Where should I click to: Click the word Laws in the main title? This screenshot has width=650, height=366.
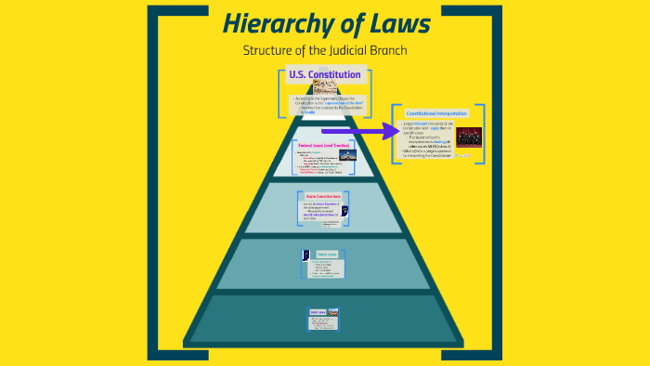pos(391,23)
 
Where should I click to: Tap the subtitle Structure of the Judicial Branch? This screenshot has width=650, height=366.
pos(325,50)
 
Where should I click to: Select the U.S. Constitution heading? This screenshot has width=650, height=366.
pos(325,74)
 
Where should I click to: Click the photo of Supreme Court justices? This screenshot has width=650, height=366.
pos(468,137)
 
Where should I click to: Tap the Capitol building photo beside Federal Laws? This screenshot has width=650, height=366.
pos(347,155)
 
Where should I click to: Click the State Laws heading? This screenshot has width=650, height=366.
pos(327,254)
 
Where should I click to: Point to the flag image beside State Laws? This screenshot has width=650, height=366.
pos(306,255)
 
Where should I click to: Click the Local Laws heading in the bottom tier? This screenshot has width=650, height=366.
pos(316,313)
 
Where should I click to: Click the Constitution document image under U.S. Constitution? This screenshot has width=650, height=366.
pos(325,87)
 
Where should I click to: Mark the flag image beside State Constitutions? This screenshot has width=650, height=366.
pos(344,211)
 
